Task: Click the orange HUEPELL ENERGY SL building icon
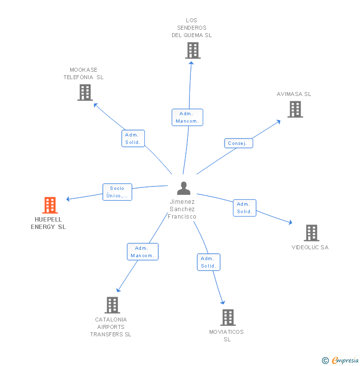pos(50,205)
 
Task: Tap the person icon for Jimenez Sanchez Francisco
pos(183,188)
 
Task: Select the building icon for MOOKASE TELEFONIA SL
pos(85,92)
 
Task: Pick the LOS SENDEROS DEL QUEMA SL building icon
pos(192,50)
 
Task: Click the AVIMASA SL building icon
pos(295,109)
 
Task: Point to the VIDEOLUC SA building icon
pos(311,232)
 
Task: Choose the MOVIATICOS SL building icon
pos(227,318)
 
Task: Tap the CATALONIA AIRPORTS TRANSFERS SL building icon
pos(112,305)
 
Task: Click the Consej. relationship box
pos(238,143)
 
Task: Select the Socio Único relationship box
pos(117,192)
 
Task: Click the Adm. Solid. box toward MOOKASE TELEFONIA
pos(133,138)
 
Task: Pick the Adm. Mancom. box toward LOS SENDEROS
pos(187,117)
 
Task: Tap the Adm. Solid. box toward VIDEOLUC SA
pos(244,208)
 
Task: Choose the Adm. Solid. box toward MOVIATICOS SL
pos(208,262)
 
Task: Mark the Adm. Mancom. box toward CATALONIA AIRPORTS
pos(142,252)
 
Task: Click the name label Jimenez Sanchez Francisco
pos(182,209)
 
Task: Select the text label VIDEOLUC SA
pos(310,247)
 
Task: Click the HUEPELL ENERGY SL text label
pos(48,223)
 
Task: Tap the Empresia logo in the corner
pos(341,361)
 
